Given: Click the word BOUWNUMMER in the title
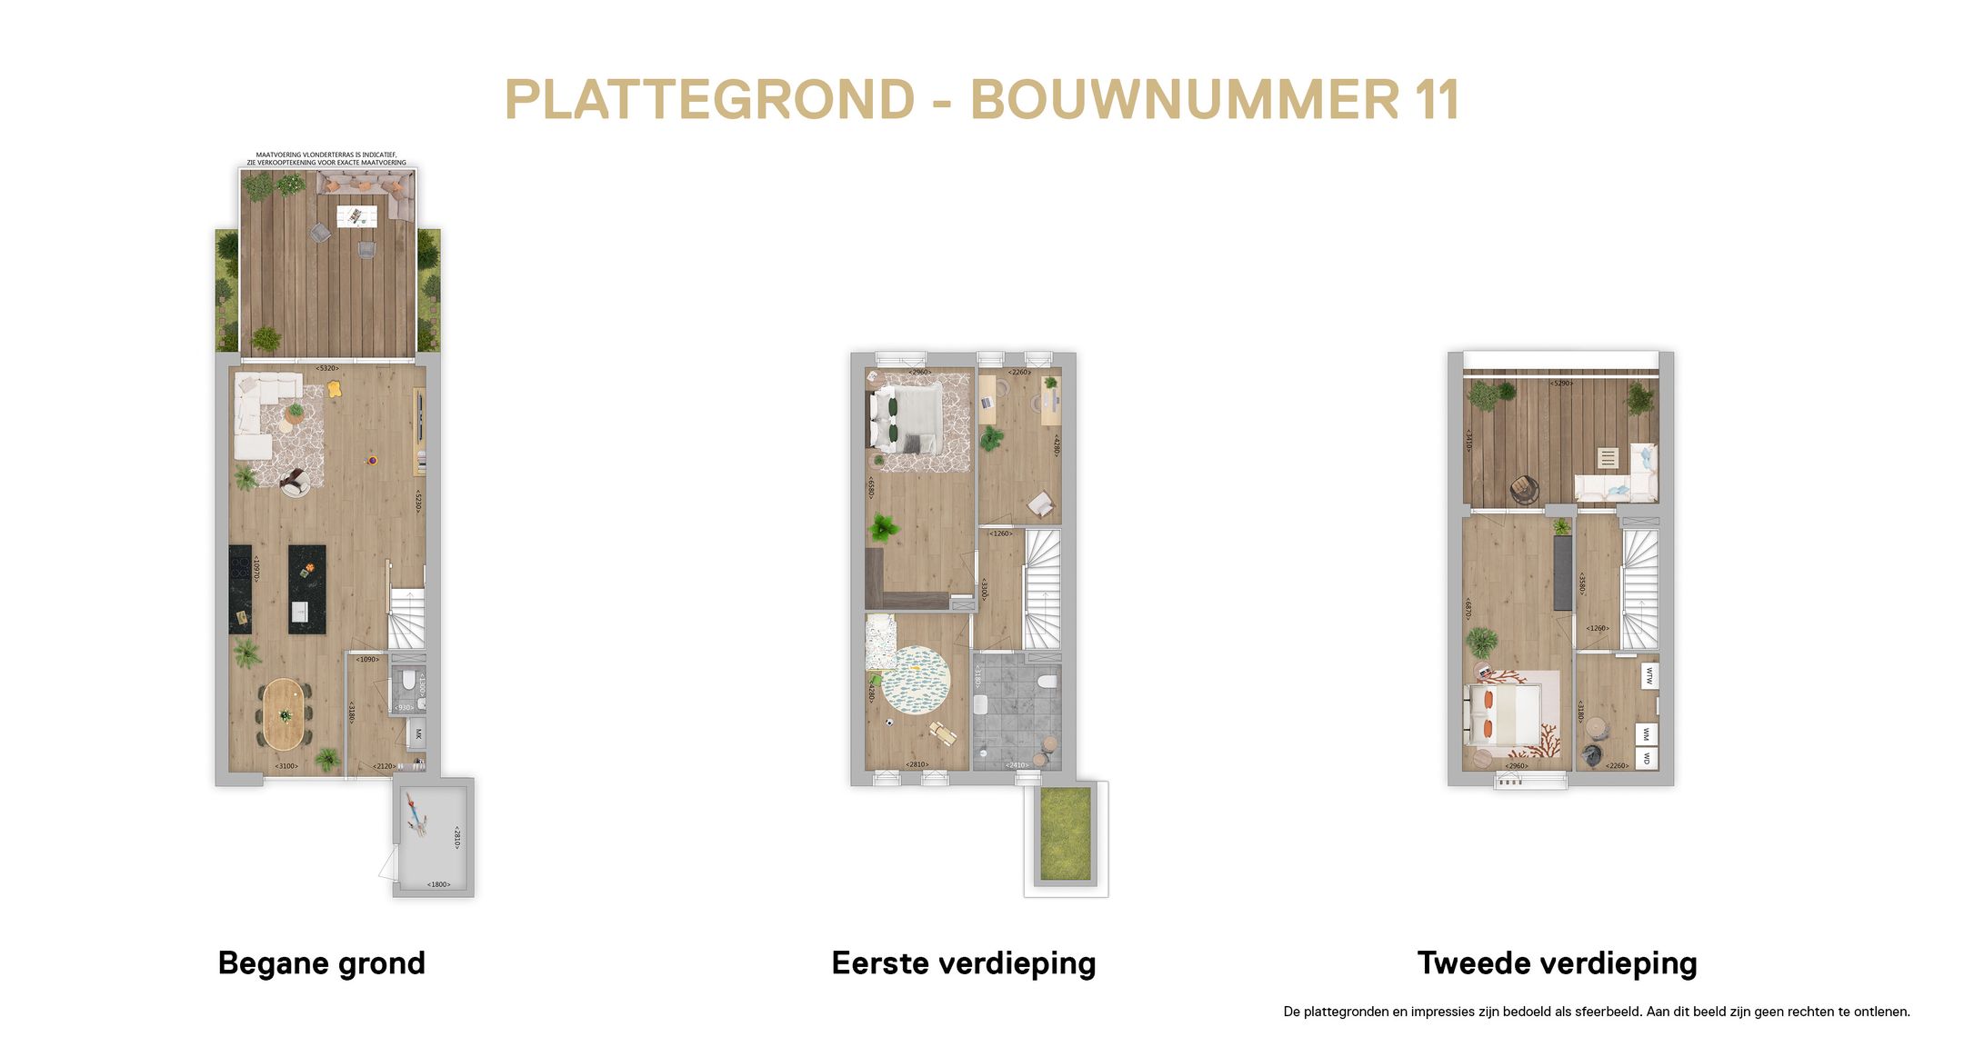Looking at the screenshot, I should point(1184,100).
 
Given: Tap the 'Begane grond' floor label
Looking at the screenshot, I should point(321,962).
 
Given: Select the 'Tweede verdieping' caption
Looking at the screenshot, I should point(1557,962).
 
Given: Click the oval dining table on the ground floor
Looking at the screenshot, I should point(283,713).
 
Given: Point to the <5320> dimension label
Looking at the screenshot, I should point(327,368).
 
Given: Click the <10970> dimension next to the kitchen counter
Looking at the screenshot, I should point(257,569).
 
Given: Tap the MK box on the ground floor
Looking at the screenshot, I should point(418,733).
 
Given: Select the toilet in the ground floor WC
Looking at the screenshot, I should point(408,680).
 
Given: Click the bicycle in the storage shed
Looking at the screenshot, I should point(416,814).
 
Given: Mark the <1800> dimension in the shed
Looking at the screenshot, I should point(438,884).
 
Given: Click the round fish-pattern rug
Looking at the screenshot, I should point(916,680).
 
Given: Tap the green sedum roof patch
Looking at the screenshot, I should point(1065,834).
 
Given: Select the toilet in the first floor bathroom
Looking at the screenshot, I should point(1047,682).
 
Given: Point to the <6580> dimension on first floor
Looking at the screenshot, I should point(871,487).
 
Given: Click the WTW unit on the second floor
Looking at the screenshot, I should point(1648,675).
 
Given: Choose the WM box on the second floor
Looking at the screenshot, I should point(1647,733).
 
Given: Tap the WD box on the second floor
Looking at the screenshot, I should point(1647,758).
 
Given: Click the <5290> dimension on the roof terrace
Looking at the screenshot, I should point(1562,384).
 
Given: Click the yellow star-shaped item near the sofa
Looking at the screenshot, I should point(335,389).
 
